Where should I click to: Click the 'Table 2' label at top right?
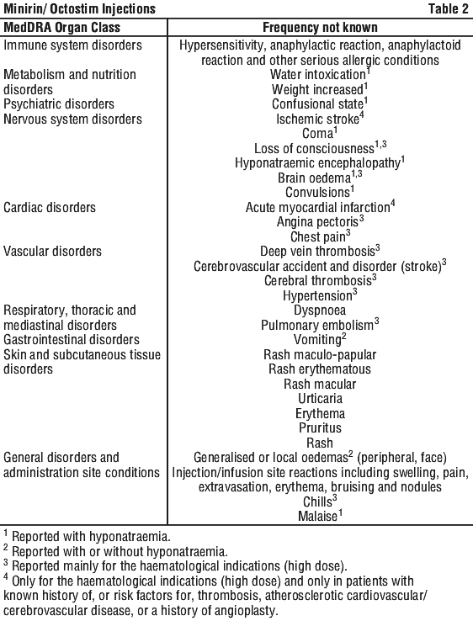click(x=448, y=8)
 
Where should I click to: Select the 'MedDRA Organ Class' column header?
click(x=61, y=27)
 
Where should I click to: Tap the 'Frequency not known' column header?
click(x=320, y=27)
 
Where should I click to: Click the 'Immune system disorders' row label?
click(x=72, y=45)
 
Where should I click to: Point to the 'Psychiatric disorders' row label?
click(x=59, y=104)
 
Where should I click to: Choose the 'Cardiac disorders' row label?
click(x=50, y=208)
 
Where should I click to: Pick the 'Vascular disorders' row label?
click(x=52, y=252)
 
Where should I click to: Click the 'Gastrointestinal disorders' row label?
click(x=72, y=340)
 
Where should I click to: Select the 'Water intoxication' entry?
click(x=317, y=75)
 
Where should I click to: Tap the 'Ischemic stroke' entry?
click(x=317, y=119)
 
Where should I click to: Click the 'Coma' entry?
click(x=317, y=134)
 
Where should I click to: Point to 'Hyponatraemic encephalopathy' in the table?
click(x=317, y=163)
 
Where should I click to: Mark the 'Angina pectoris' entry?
click(x=317, y=222)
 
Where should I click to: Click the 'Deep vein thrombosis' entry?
click(x=317, y=252)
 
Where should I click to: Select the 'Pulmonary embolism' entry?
click(x=317, y=326)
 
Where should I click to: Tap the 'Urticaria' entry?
click(x=320, y=399)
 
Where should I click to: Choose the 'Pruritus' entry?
click(x=320, y=428)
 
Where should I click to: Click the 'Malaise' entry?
click(x=317, y=517)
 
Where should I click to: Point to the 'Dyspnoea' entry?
click(x=320, y=310)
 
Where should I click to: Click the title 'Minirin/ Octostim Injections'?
click(x=79, y=8)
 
